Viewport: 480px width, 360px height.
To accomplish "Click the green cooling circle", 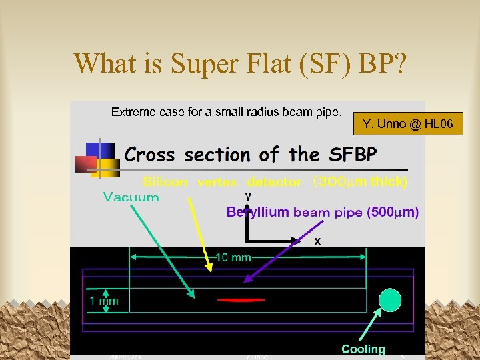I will [390, 299].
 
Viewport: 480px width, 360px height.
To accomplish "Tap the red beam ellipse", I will [241, 300].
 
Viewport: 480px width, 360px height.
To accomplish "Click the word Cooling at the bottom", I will [363, 349].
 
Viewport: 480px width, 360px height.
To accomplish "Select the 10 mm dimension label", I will [233, 257].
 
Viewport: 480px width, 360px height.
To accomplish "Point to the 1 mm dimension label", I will [104, 301].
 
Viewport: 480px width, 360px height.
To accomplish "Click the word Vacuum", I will [131, 197].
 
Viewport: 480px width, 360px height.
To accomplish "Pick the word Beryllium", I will [258, 213].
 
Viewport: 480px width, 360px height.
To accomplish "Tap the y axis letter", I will [248, 196].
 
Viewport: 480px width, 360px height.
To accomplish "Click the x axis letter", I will [317, 241].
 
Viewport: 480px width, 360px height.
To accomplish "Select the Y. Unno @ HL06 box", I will [408, 123].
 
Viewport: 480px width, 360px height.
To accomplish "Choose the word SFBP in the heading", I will [351, 155].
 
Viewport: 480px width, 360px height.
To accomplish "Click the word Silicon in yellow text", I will [166, 181].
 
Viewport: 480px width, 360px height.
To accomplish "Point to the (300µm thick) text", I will [359, 181].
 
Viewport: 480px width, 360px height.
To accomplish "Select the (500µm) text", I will [392, 213].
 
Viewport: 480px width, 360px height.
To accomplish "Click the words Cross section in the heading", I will [186, 155].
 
